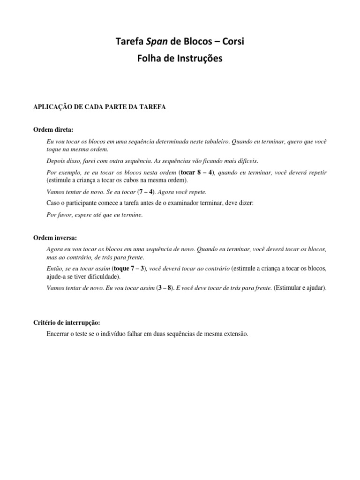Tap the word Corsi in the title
pos(231,42)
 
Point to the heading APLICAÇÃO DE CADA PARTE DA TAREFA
pos(99,107)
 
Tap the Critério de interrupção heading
pos(67,323)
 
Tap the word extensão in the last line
pos(234,334)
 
